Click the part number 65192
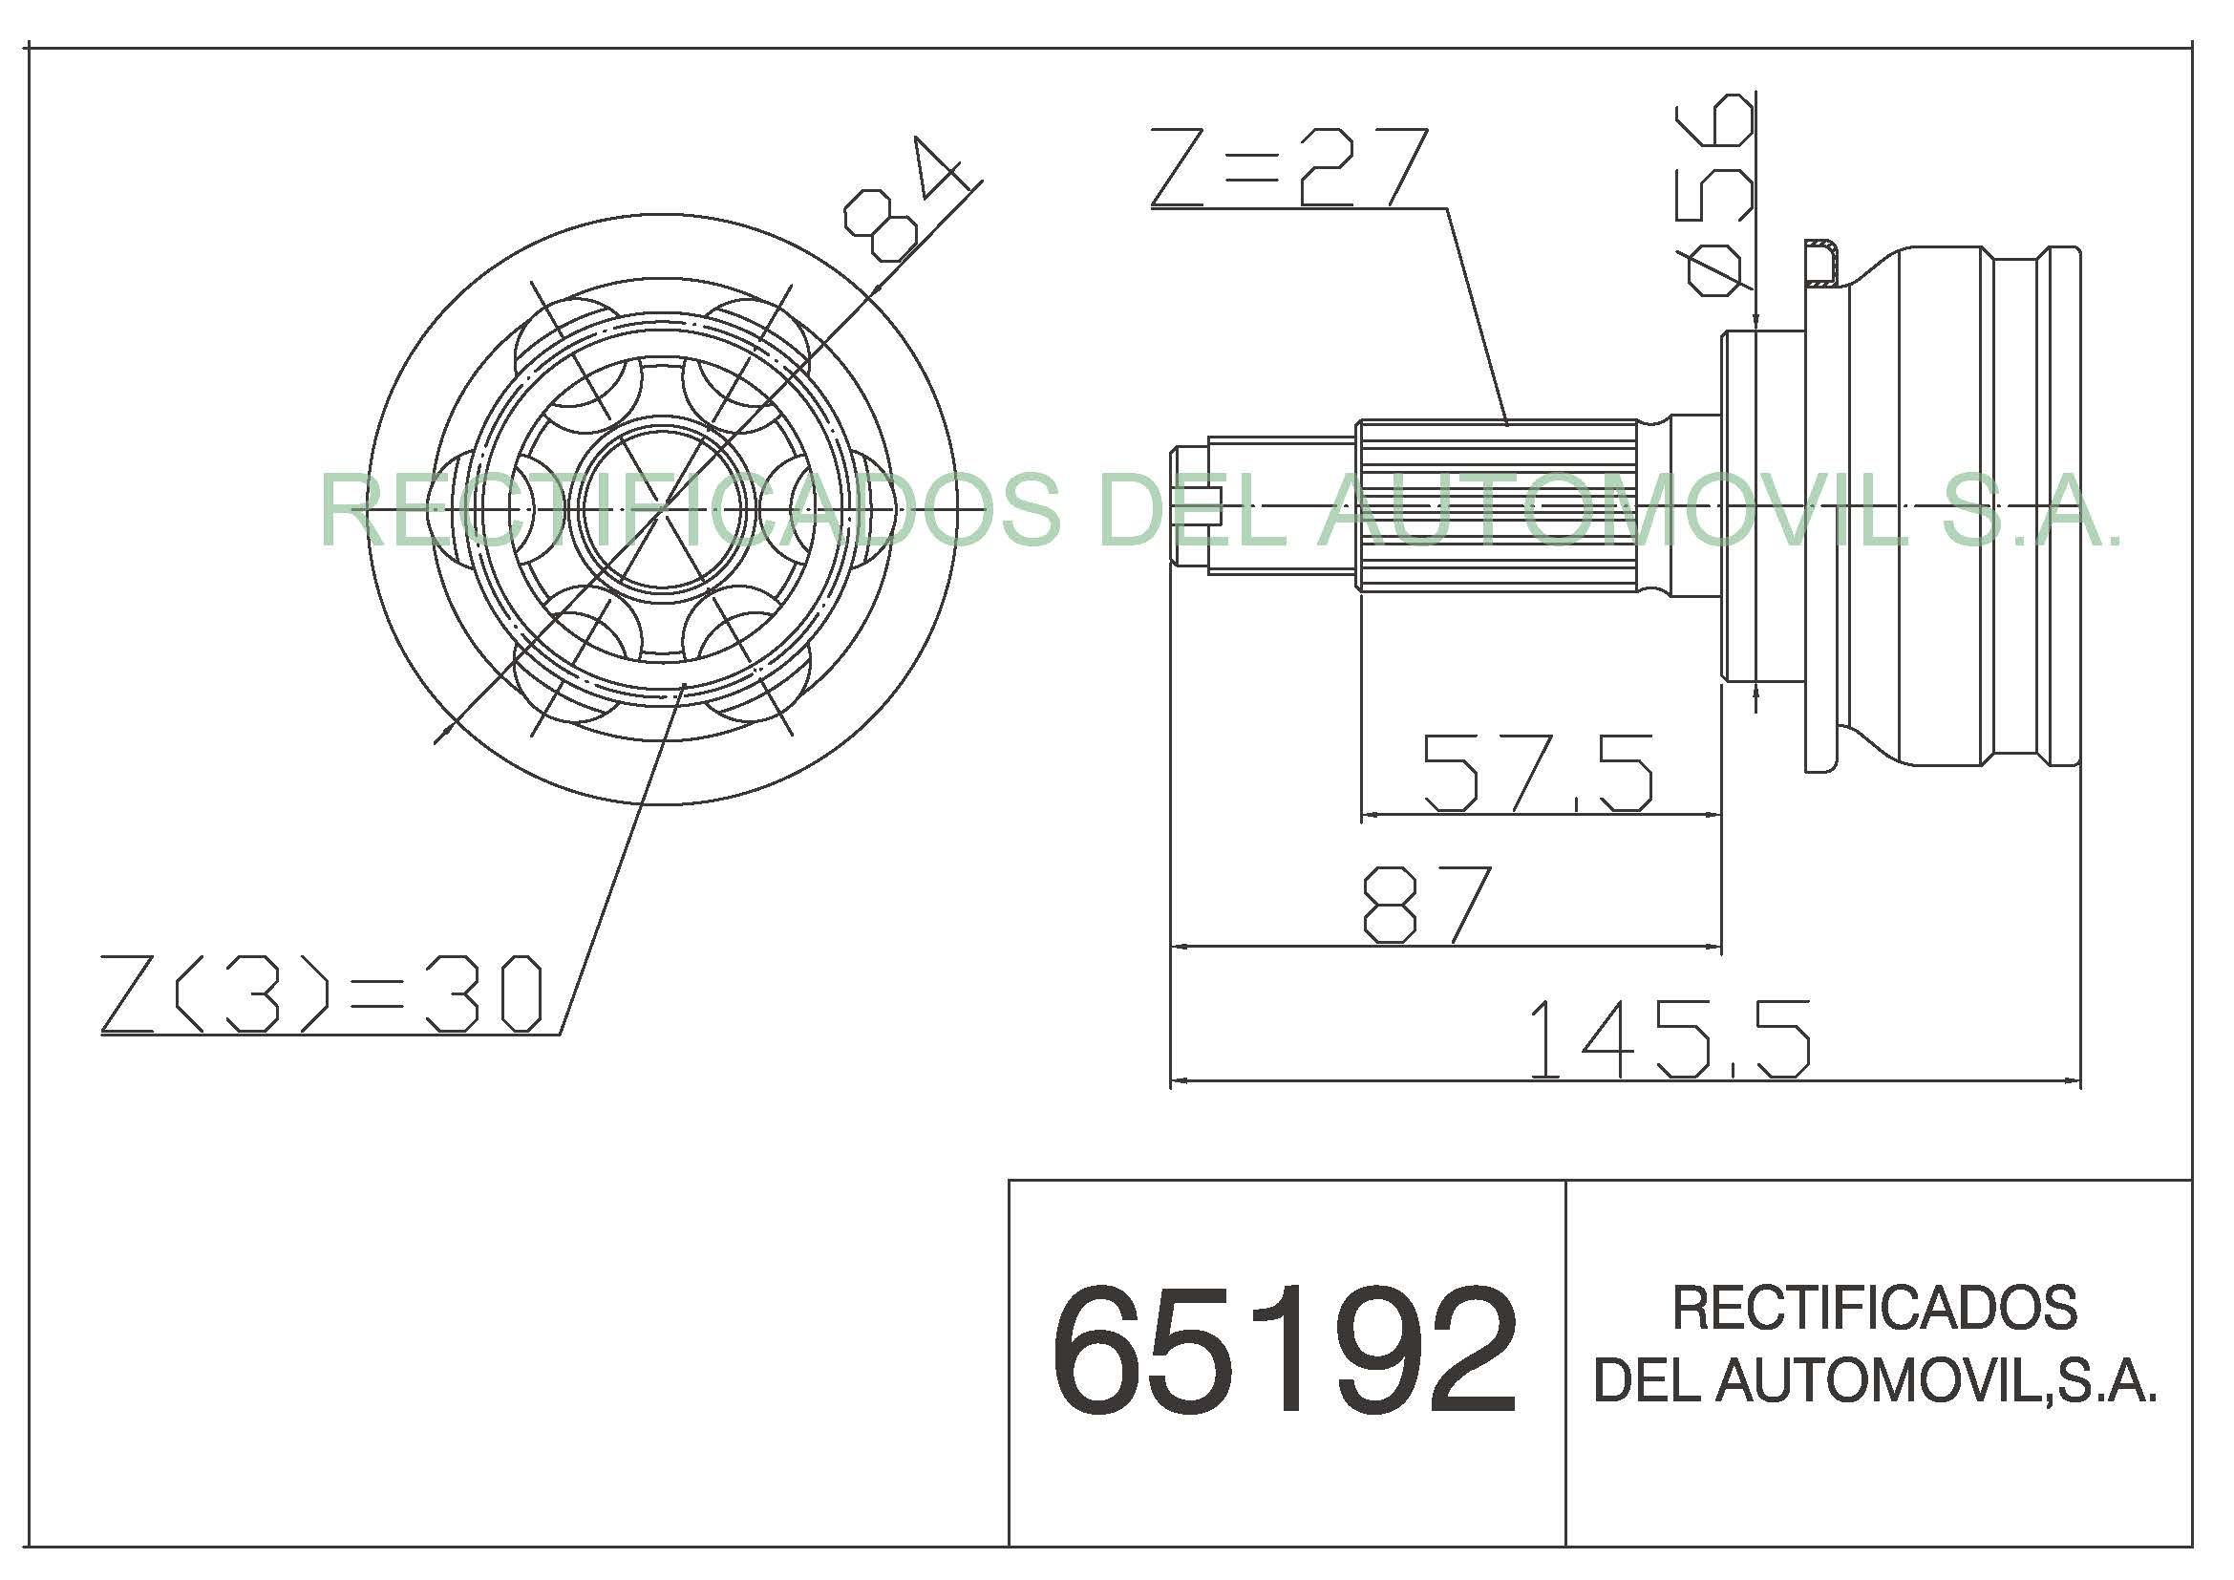tap(1285, 1350)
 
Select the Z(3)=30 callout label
tap(322, 993)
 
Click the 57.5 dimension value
tap(1538, 774)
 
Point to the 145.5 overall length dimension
tap(1670, 1039)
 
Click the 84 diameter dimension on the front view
tap(900, 200)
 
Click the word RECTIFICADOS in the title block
tap(1875, 1309)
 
